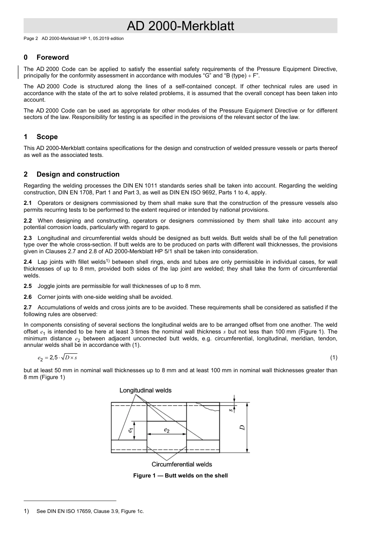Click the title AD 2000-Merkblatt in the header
click(x=180, y=26)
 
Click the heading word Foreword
click(x=52, y=57)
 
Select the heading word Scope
click(x=47, y=137)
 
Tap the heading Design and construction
click(x=78, y=174)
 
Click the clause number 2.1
click(x=27, y=203)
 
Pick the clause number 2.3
click(x=27, y=238)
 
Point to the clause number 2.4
click(x=27, y=262)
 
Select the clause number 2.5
click(x=27, y=286)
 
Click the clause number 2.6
click(x=27, y=297)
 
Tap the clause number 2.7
click(x=27, y=308)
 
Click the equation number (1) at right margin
click(x=333, y=358)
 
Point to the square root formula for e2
click(x=57, y=358)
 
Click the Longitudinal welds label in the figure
click(x=145, y=390)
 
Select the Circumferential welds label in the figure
click(x=181, y=465)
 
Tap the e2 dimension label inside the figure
click(x=167, y=430)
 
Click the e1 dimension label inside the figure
click(x=130, y=430)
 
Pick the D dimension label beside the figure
click(x=242, y=427)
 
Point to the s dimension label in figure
click(x=231, y=410)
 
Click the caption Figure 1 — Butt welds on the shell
click(x=180, y=476)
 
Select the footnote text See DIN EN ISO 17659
click(x=90, y=511)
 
